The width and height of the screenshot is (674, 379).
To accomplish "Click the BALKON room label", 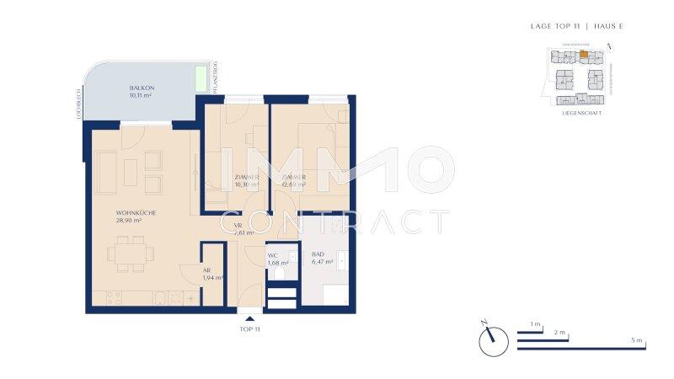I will coord(141,88).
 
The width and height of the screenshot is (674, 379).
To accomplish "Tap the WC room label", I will coord(273,255).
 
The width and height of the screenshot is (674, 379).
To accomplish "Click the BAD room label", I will coord(318,255).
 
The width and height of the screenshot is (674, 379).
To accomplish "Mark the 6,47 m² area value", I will coord(323,263).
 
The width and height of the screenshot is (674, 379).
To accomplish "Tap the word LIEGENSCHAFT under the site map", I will coord(581,113).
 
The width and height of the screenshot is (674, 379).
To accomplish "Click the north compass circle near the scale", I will coord(492,340).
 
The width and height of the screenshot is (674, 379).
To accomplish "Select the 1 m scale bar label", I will coord(535,324).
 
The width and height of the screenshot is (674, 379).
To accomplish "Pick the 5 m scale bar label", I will coord(638,340).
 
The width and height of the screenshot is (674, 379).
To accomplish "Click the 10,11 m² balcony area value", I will coord(141,96).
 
